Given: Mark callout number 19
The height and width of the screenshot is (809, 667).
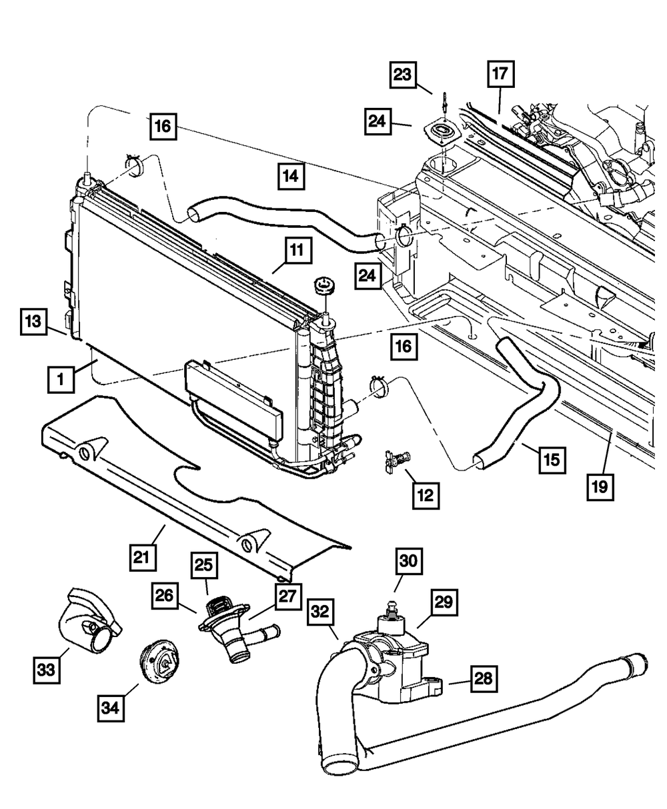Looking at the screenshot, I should click(600, 486).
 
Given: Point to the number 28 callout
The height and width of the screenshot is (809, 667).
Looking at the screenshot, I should click(484, 679).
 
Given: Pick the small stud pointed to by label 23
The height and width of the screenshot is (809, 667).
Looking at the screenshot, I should click(444, 103).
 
